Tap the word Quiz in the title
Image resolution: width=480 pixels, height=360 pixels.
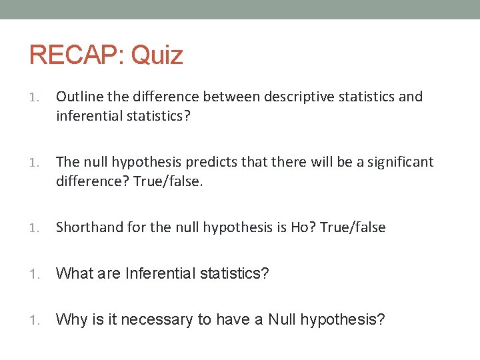[x=157, y=55]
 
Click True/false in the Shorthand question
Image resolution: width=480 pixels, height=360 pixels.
[x=353, y=227]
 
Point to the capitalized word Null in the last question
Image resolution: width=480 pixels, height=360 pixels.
[x=282, y=319]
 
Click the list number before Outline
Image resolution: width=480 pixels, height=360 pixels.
[x=35, y=97]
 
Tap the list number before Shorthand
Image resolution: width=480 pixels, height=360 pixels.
[x=35, y=228]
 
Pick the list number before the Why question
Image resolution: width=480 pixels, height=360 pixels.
[x=35, y=320]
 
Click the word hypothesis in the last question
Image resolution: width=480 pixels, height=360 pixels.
[x=342, y=319]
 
